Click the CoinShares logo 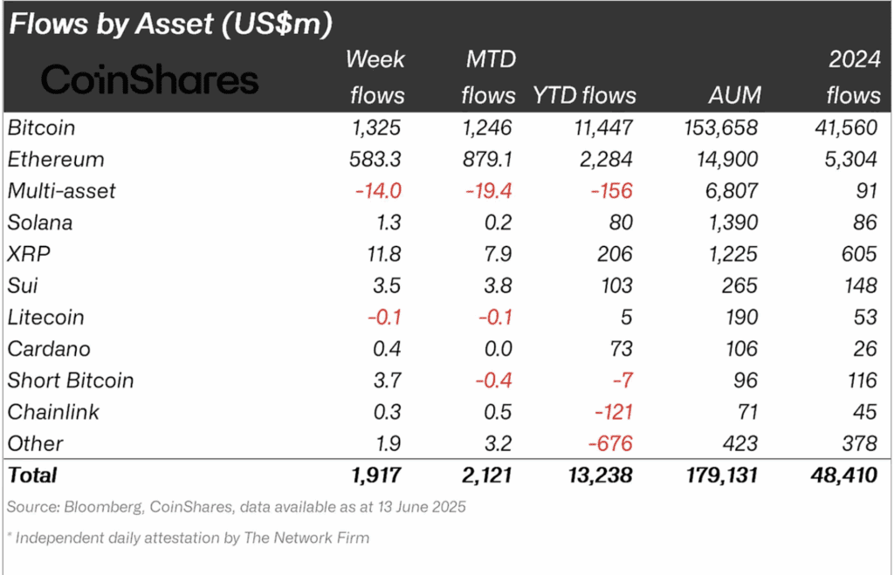150,79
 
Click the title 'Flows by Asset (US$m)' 170,24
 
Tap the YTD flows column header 584,94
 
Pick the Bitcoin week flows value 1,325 377,127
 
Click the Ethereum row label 56,160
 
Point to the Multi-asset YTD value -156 615,191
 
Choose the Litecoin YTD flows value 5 628,317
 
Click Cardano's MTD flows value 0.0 499,349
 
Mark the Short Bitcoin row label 71,380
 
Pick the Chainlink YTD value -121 615,412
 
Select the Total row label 32,476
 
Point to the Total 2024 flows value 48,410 846,476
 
